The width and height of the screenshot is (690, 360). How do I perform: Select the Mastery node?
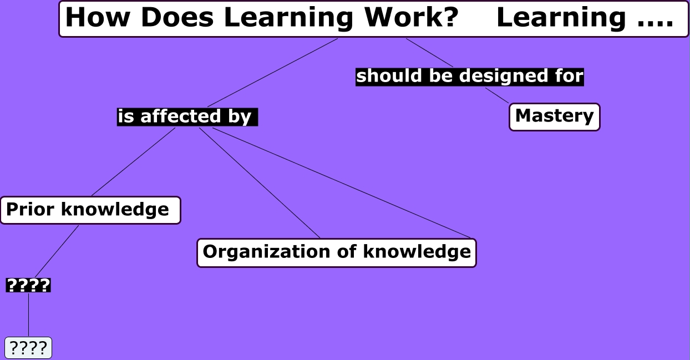click(x=554, y=116)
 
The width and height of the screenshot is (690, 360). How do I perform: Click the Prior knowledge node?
click(x=90, y=210)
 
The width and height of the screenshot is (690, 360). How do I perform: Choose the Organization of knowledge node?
click(x=337, y=252)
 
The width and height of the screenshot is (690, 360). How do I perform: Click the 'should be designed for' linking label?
click(x=469, y=76)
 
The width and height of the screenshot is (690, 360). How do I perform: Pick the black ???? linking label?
click(x=28, y=286)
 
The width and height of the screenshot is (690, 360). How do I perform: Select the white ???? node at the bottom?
click(x=28, y=348)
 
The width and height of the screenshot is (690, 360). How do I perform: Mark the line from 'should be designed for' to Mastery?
click(x=497, y=95)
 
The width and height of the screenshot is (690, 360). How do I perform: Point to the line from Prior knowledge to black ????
click(x=57, y=251)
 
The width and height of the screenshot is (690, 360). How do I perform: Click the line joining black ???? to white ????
click(x=28, y=315)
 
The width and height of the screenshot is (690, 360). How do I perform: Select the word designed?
click(x=515, y=76)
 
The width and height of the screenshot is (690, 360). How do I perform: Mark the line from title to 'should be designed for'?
click(x=430, y=53)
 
